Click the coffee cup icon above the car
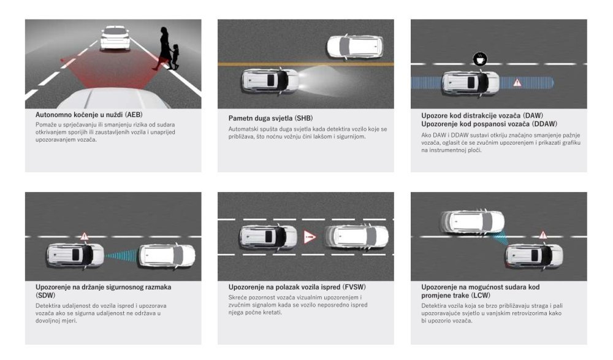(x=480, y=59)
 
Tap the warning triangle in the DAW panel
(x=517, y=83)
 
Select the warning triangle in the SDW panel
(x=85, y=236)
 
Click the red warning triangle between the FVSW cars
(x=309, y=237)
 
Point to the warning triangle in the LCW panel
(x=543, y=235)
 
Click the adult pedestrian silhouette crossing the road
(x=163, y=48)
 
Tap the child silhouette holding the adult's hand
(x=175, y=56)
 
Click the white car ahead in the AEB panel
(x=115, y=38)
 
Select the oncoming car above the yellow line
(x=354, y=47)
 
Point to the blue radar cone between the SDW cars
(x=121, y=255)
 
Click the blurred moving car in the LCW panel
(x=473, y=222)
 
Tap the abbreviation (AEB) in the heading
(x=134, y=115)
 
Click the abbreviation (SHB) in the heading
(x=304, y=118)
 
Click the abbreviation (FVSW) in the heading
(x=354, y=287)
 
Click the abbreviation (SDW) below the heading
(x=45, y=296)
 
